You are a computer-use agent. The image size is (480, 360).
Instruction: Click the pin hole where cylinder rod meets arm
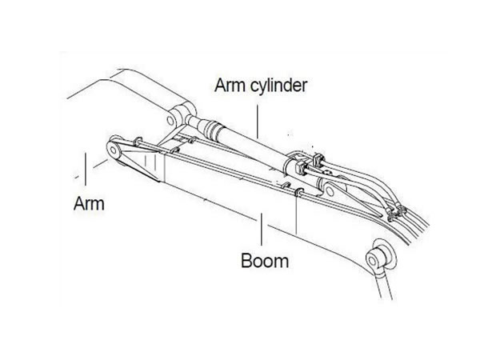point(172,118)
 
